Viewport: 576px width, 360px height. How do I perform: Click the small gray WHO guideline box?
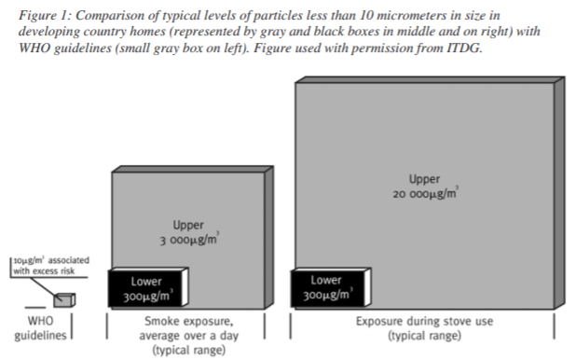click(63, 298)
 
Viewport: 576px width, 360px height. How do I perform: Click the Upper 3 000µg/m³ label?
click(189, 233)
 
